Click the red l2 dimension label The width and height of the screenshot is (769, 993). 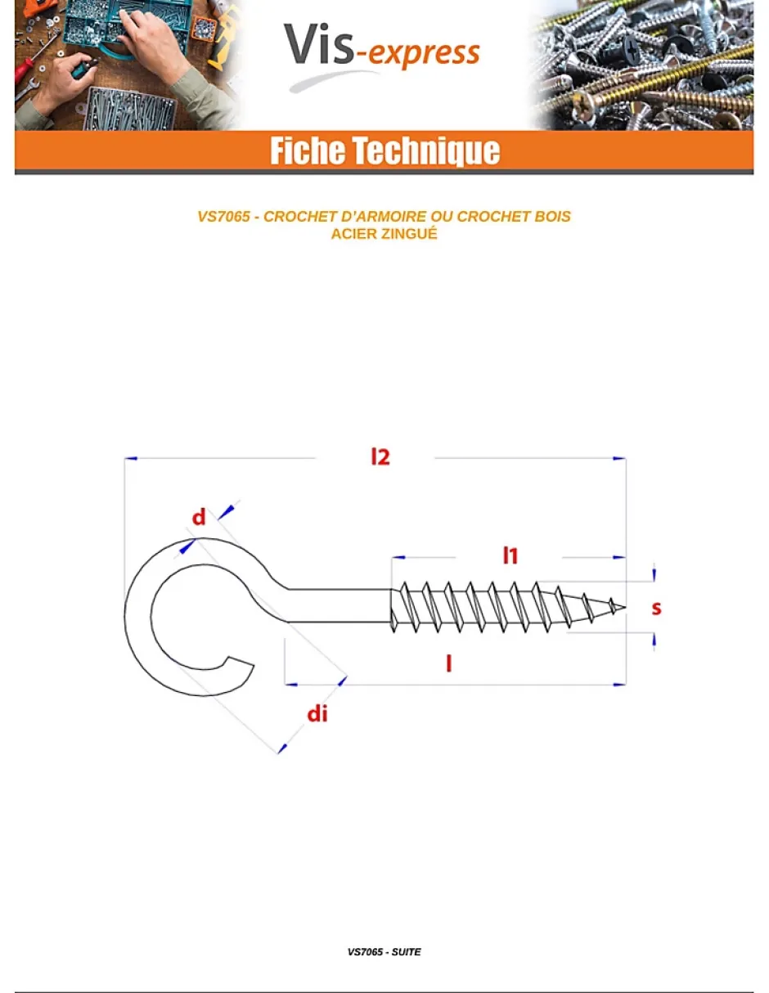point(380,457)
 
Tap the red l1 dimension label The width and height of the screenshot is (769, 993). point(510,555)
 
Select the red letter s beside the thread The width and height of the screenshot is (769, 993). point(656,609)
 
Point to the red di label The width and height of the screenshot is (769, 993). point(317,714)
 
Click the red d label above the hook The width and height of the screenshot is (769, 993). point(199,517)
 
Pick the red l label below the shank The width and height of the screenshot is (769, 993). point(448,663)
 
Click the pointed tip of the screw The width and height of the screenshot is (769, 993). point(625,607)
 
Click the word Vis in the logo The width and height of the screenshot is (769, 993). point(318,45)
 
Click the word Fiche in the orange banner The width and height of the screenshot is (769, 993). point(308,151)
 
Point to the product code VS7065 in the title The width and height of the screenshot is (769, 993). point(223,216)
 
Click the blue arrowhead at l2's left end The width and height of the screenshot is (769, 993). point(131,458)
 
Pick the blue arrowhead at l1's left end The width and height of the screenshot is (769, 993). point(398,557)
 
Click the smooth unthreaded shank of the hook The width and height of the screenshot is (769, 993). point(339,606)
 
